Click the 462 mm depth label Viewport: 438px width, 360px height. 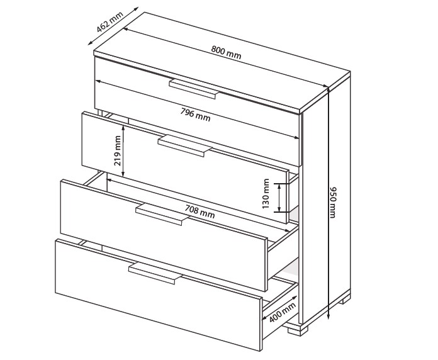(109, 22)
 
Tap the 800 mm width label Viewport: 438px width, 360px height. (226, 53)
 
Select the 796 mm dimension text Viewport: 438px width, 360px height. (195, 115)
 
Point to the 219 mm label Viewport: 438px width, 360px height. (118, 151)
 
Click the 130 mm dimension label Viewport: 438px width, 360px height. (266, 194)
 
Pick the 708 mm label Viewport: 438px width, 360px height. (199, 211)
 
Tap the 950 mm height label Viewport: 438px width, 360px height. (333, 203)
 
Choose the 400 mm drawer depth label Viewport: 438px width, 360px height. (283, 312)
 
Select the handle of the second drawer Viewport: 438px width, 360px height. (185, 146)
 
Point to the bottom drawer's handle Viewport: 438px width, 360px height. (155, 273)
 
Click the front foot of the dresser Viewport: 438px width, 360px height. (298, 330)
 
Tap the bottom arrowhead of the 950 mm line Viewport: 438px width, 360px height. (328, 316)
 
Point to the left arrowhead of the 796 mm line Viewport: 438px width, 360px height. (99, 81)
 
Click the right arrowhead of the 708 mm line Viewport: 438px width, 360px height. (287, 230)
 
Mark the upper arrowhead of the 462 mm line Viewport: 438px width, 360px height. (135, 9)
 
